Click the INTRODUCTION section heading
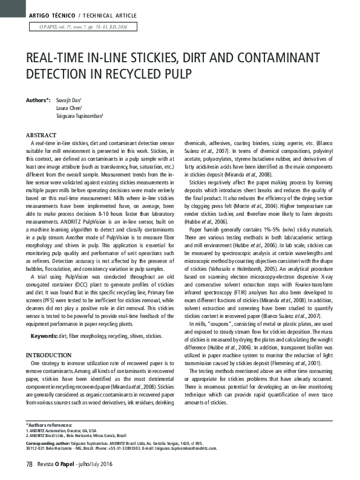pyautogui.click(x=47, y=354)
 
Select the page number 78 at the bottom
pyautogui.click(x=28, y=464)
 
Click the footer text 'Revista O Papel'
pyautogui.click(x=55, y=464)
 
